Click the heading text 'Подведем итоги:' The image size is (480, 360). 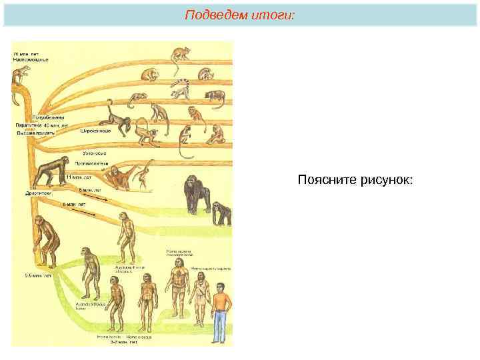(239, 14)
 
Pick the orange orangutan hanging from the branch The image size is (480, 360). (120, 177)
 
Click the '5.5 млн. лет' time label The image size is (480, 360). (39, 275)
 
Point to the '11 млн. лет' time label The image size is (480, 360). (79, 178)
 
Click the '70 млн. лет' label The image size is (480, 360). (25, 52)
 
